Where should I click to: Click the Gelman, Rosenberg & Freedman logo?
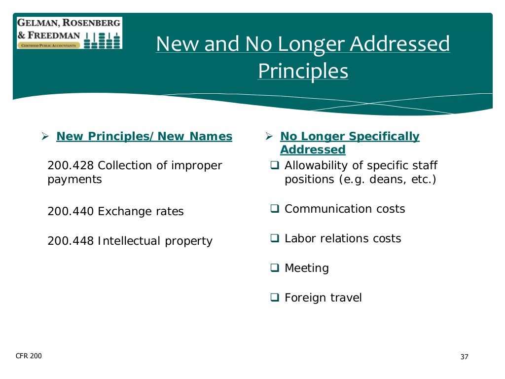69,33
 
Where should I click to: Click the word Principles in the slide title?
303,71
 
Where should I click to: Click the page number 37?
464,357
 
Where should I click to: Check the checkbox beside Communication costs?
275,209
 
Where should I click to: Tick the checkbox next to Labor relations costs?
275,239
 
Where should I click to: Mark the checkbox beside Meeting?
275,268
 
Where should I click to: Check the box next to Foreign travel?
275,298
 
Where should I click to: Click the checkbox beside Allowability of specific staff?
275,166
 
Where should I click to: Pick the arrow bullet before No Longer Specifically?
269,136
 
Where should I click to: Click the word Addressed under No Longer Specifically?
313,150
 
